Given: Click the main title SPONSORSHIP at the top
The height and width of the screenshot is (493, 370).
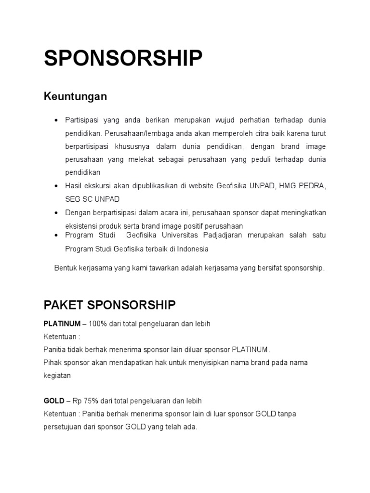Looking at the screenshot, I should click(x=123, y=58).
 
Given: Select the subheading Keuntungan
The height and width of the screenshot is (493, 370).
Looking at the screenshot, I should click(x=75, y=97).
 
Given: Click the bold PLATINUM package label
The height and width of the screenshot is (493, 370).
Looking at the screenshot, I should click(x=62, y=324).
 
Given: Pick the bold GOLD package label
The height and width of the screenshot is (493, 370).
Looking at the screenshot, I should click(x=54, y=401).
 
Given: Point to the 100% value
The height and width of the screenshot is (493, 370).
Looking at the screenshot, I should click(x=98, y=324).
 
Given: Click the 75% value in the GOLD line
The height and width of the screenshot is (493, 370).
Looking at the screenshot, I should click(x=92, y=401).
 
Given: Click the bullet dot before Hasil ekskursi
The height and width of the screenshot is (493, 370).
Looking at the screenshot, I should click(x=56, y=185).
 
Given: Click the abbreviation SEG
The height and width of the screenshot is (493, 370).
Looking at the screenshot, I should click(x=73, y=199).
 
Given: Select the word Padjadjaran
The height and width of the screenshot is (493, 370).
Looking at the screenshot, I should click(x=220, y=235).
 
